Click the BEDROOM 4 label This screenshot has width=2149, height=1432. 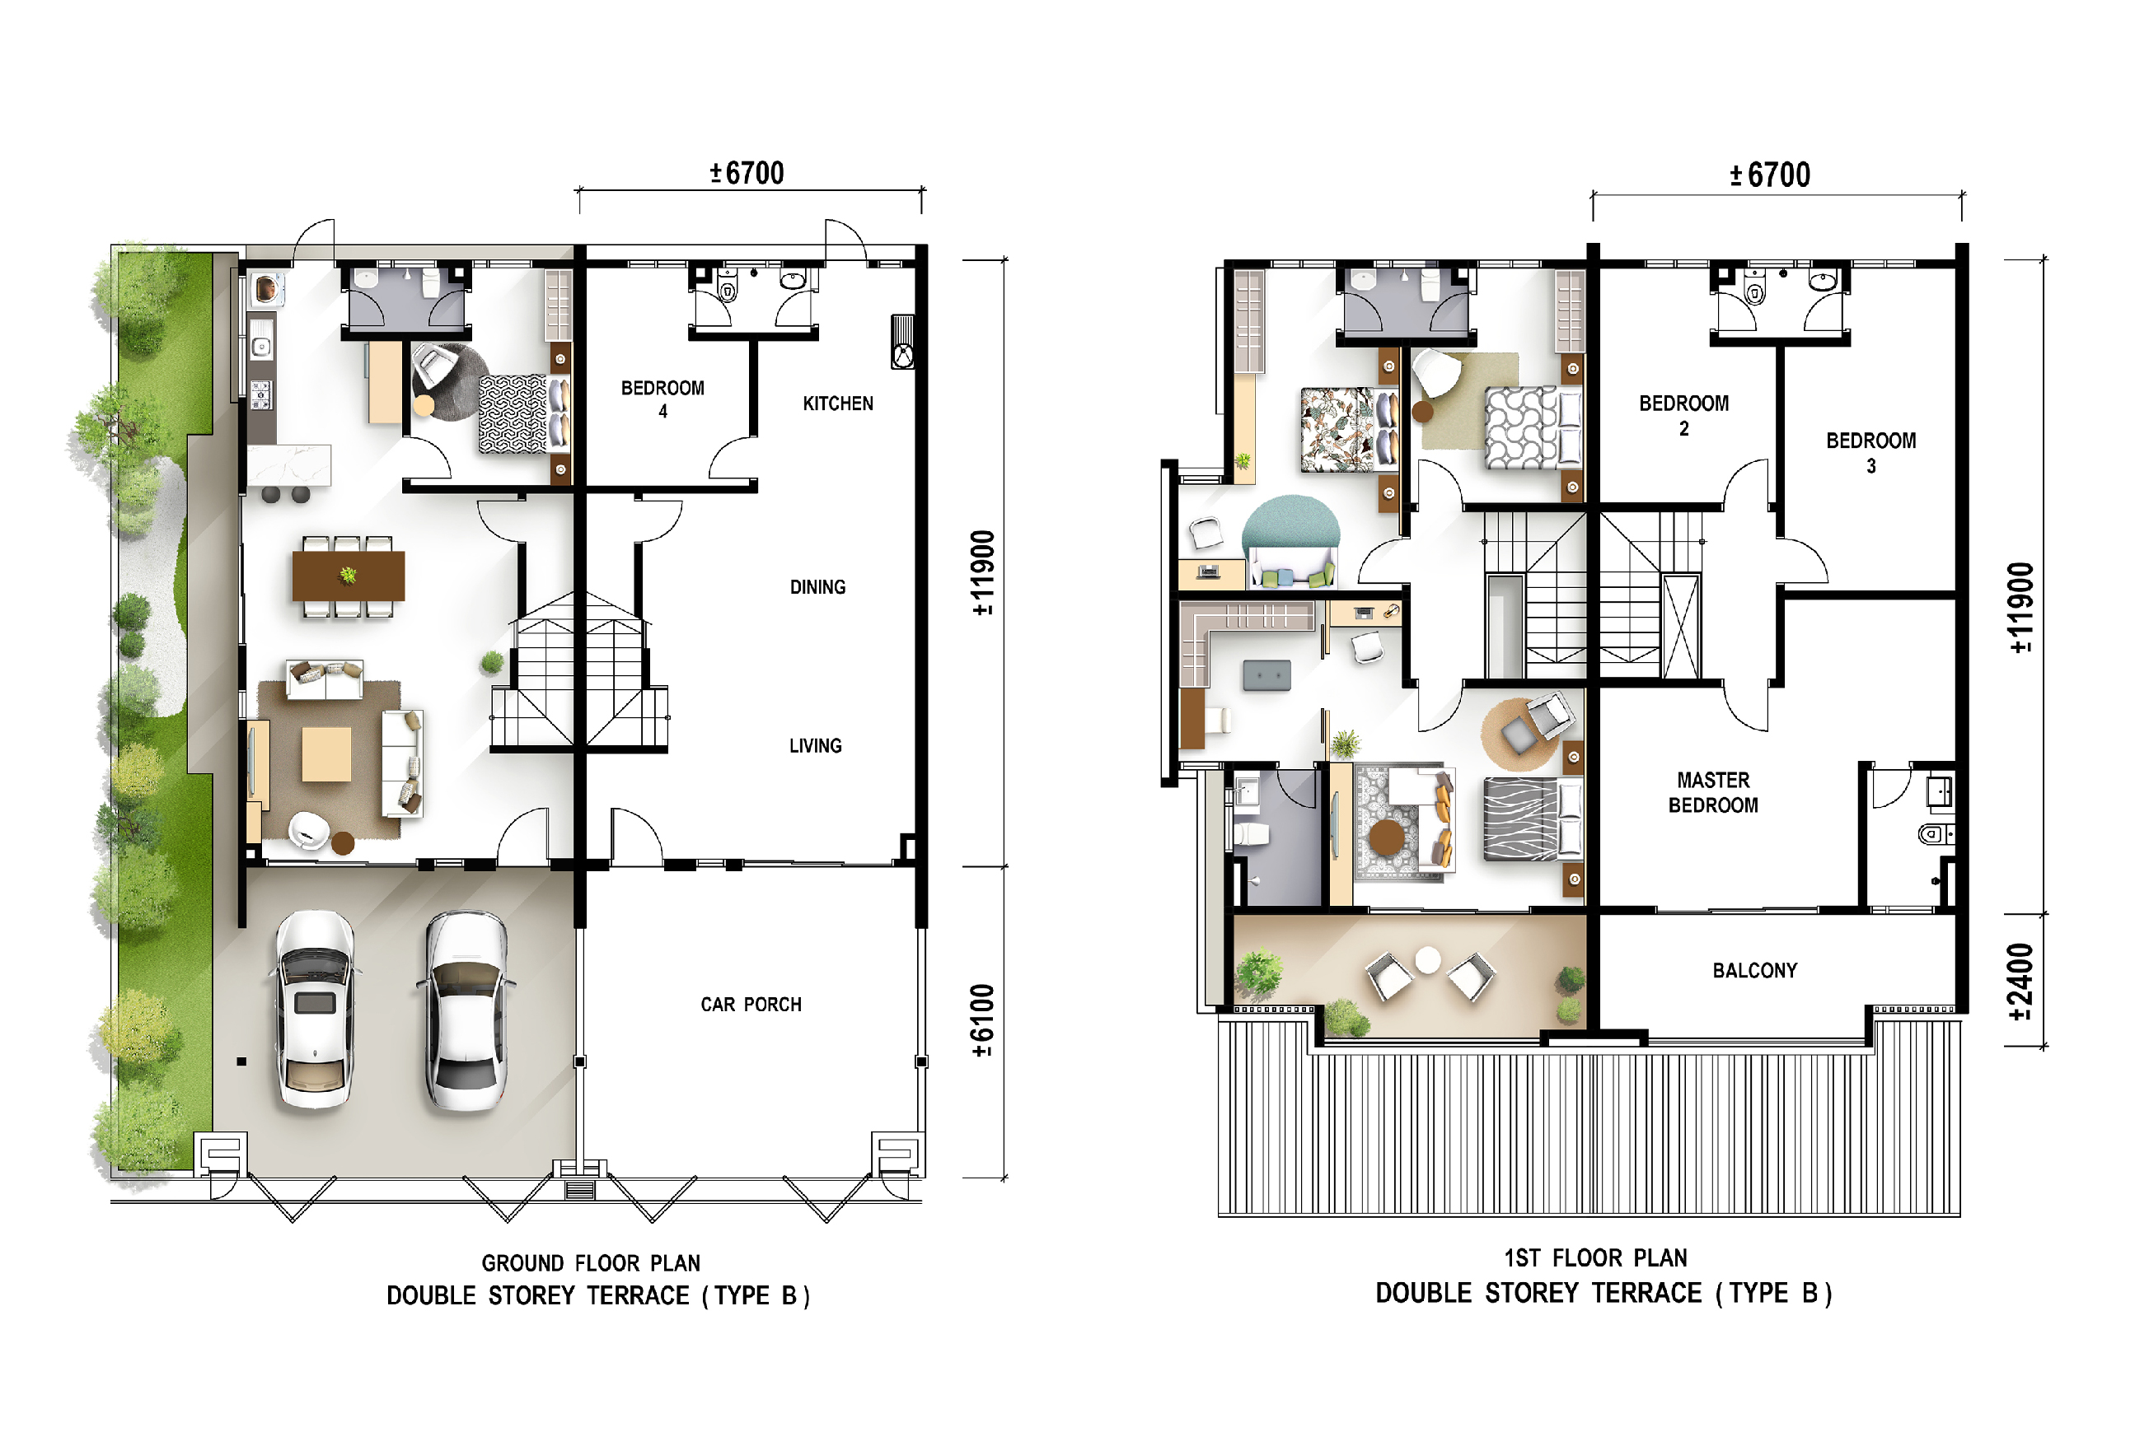[x=662, y=399]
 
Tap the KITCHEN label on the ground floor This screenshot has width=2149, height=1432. [x=838, y=403]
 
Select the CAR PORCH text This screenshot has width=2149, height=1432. [x=751, y=1005]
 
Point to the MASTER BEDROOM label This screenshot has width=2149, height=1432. [x=1713, y=793]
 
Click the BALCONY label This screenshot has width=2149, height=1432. [x=1755, y=971]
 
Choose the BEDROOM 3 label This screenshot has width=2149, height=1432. [x=1871, y=453]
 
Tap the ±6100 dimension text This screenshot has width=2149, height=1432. [x=982, y=1021]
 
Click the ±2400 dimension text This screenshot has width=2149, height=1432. [x=2021, y=982]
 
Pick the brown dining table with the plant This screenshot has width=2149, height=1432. [x=348, y=576]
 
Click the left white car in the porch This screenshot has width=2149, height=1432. [x=316, y=1010]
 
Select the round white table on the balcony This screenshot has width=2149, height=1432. [x=1428, y=960]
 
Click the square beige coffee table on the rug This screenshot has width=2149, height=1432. [x=326, y=753]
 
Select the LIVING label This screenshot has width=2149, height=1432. [x=816, y=746]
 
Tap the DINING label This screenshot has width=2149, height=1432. [x=817, y=587]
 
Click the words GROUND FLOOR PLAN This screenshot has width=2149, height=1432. [x=591, y=1263]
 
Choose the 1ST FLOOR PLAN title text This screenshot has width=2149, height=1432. [x=1595, y=1258]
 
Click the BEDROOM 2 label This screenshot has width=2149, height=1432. [x=1684, y=416]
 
